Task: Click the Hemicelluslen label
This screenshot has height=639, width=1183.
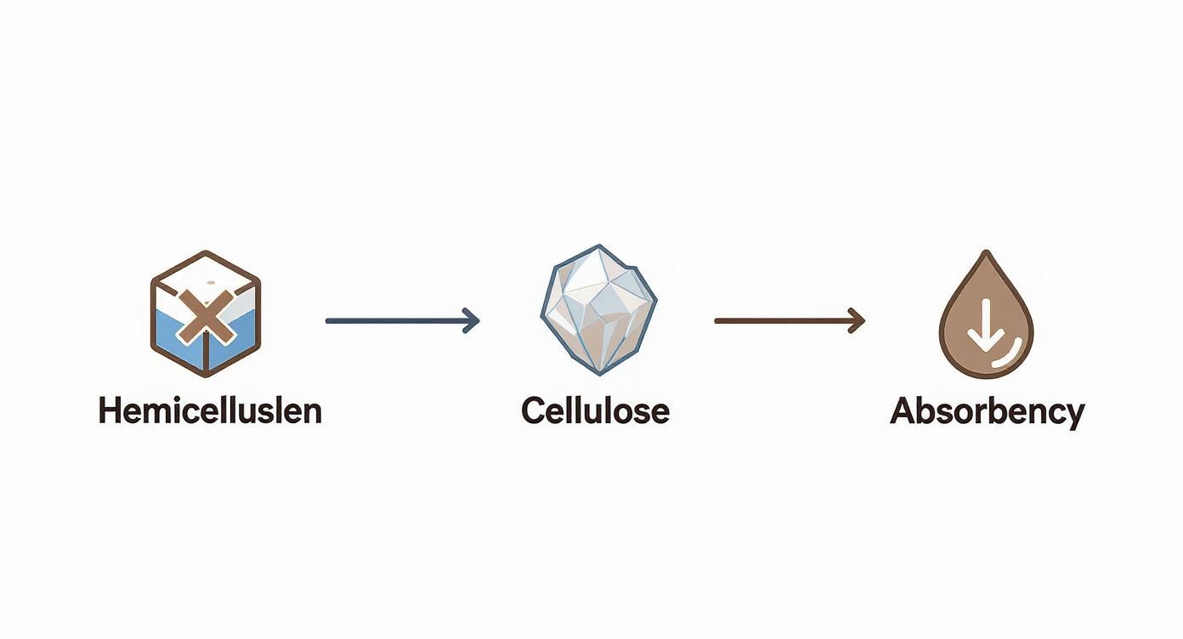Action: pos(210,411)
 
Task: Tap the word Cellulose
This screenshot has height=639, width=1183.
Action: pos(595,411)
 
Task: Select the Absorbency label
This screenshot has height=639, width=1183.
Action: pos(987,413)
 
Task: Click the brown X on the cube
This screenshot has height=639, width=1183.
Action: pos(206,316)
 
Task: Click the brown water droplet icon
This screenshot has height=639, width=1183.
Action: pos(986,314)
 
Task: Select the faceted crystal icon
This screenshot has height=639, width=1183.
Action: pos(599,310)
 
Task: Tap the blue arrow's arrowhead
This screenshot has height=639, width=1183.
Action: pos(471,320)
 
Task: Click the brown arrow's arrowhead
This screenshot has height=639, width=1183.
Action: pos(857,320)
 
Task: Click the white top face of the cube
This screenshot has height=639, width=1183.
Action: pos(206,280)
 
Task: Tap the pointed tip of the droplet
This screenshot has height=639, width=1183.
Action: pos(986,252)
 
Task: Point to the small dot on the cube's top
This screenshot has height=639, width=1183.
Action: pos(212,282)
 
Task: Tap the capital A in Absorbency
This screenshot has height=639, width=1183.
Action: pos(903,411)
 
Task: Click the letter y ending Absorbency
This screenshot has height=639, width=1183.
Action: pos(1074,417)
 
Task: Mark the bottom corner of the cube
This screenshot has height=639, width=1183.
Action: pos(206,376)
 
